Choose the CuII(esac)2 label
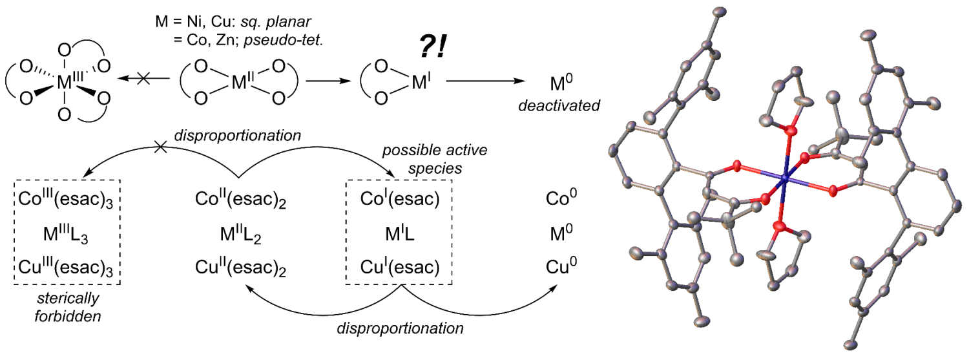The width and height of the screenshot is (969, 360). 240,266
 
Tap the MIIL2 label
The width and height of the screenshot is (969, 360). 240,233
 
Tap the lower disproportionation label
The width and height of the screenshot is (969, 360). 401,328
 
